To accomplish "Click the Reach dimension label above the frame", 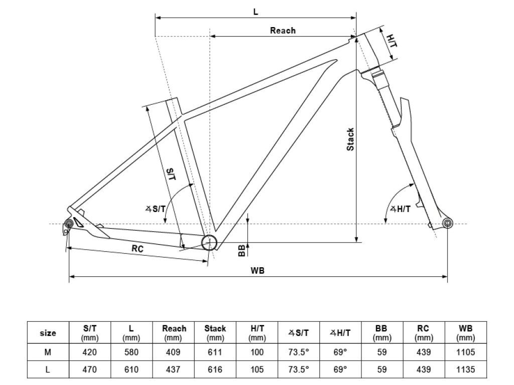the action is (283, 31).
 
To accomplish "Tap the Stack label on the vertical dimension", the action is (350, 139).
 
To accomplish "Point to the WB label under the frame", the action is (258, 270).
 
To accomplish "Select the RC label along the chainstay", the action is (138, 249).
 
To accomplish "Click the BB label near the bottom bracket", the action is (241, 251).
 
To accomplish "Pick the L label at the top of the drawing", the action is (255, 12).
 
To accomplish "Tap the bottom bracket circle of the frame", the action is (209, 243).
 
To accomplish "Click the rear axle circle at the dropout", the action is (69, 224).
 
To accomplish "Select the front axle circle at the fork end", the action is (447, 224).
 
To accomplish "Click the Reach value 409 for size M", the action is (173, 352).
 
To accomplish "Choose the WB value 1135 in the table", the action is (465, 369).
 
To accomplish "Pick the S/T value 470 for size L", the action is (89, 369).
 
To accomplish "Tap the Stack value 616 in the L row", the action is (215, 369).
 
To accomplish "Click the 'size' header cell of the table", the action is (48, 333).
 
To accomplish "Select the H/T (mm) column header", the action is (257, 333).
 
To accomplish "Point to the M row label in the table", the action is (48, 352).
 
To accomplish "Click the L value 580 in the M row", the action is (131, 352).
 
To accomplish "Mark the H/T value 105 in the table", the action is (257, 369).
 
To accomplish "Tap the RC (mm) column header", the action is (424, 333).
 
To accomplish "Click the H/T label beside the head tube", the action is (392, 41).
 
